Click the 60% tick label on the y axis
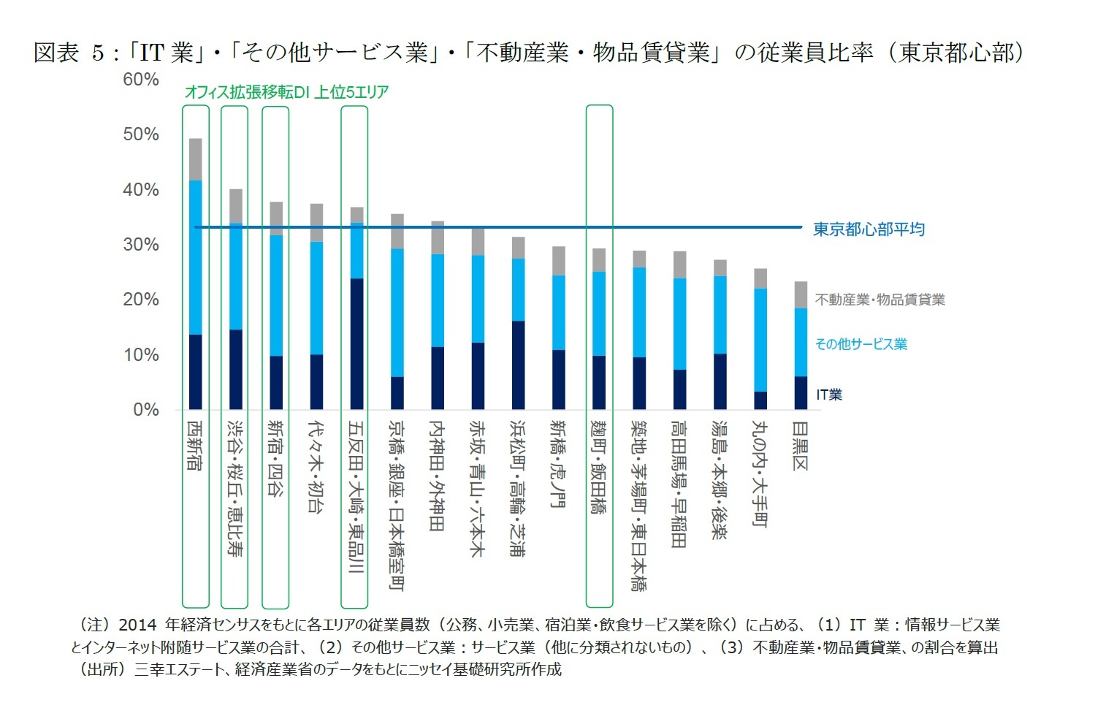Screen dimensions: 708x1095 click(140, 80)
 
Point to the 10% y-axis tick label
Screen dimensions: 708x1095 click(140, 355)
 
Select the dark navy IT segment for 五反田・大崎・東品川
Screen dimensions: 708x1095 click(356, 343)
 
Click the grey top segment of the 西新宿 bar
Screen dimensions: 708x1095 click(195, 159)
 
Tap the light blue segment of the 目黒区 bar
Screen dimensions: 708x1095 click(801, 342)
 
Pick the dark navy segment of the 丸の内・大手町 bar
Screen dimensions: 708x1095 click(760, 400)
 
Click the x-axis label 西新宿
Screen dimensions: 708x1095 click(195, 445)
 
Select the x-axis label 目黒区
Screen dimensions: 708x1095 click(801, 445)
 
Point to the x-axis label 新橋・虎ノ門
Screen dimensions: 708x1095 click(558, 463)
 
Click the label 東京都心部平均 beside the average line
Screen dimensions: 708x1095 click(869, 229)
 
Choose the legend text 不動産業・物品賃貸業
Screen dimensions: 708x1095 click(880, 300)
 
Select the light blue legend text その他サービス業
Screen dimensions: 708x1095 click(861, 344)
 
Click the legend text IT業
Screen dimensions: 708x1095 click(829, 395)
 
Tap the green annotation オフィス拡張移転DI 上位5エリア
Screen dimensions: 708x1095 click(286, 92)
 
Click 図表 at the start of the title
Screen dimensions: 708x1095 click(56, 53)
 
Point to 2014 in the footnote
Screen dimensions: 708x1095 click(137, 625)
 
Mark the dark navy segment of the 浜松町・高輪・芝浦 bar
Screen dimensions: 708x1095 click(518, 365)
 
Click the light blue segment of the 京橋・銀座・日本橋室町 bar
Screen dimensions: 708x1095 click(397, 313)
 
